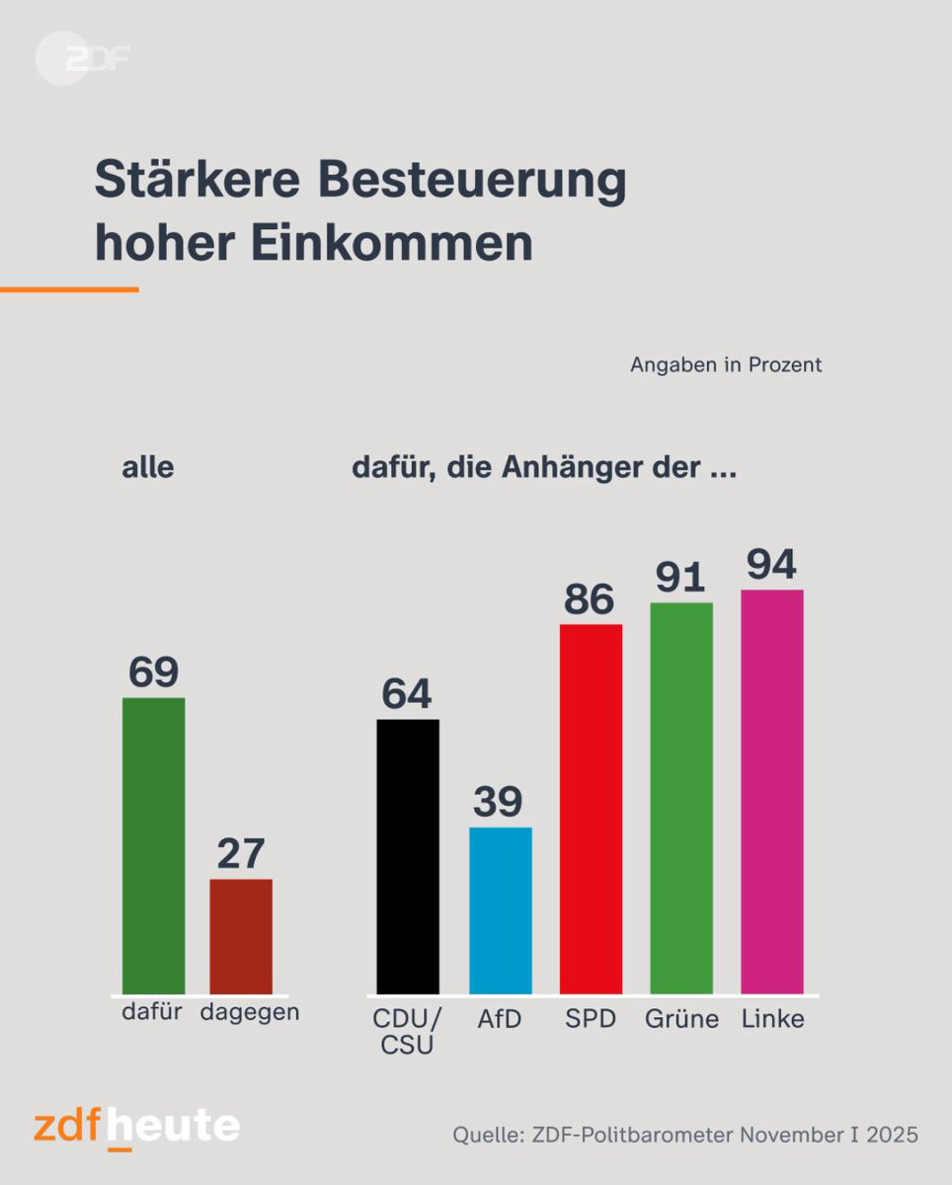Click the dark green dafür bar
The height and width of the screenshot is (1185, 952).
[x=153, y=845]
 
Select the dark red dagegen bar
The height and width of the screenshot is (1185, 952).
[x=241, y=936]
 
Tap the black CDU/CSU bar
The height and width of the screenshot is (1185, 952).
[x=408, y=856]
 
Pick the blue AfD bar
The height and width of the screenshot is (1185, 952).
[x=500, y=910]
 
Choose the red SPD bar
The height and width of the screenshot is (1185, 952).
[x=591, y=809]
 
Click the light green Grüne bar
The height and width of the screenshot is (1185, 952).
[x=681, y=798]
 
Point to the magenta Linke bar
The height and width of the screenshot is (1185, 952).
[x=772, y=791]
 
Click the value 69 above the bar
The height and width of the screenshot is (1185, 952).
[x=153, y=672]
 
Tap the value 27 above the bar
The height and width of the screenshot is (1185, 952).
[x=241, y=854]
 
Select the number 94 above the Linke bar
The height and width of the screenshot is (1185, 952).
[x=772, y=565]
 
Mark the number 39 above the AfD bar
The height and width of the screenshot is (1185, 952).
[x=498, y=803]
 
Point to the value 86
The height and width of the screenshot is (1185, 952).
[x=589, y=599]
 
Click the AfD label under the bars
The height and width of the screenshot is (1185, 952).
[x=499, y=1019]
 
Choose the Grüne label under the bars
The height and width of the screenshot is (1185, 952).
[x=681, y=1019]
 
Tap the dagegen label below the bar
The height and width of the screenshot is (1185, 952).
[x=249, y=1013]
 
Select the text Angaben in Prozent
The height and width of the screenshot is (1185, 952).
[x=726, y=364]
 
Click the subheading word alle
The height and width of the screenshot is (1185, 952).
[x=147, y=467]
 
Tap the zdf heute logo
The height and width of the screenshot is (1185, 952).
[x=136, y=1128]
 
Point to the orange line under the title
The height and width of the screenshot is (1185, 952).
[x=69, y=289]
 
